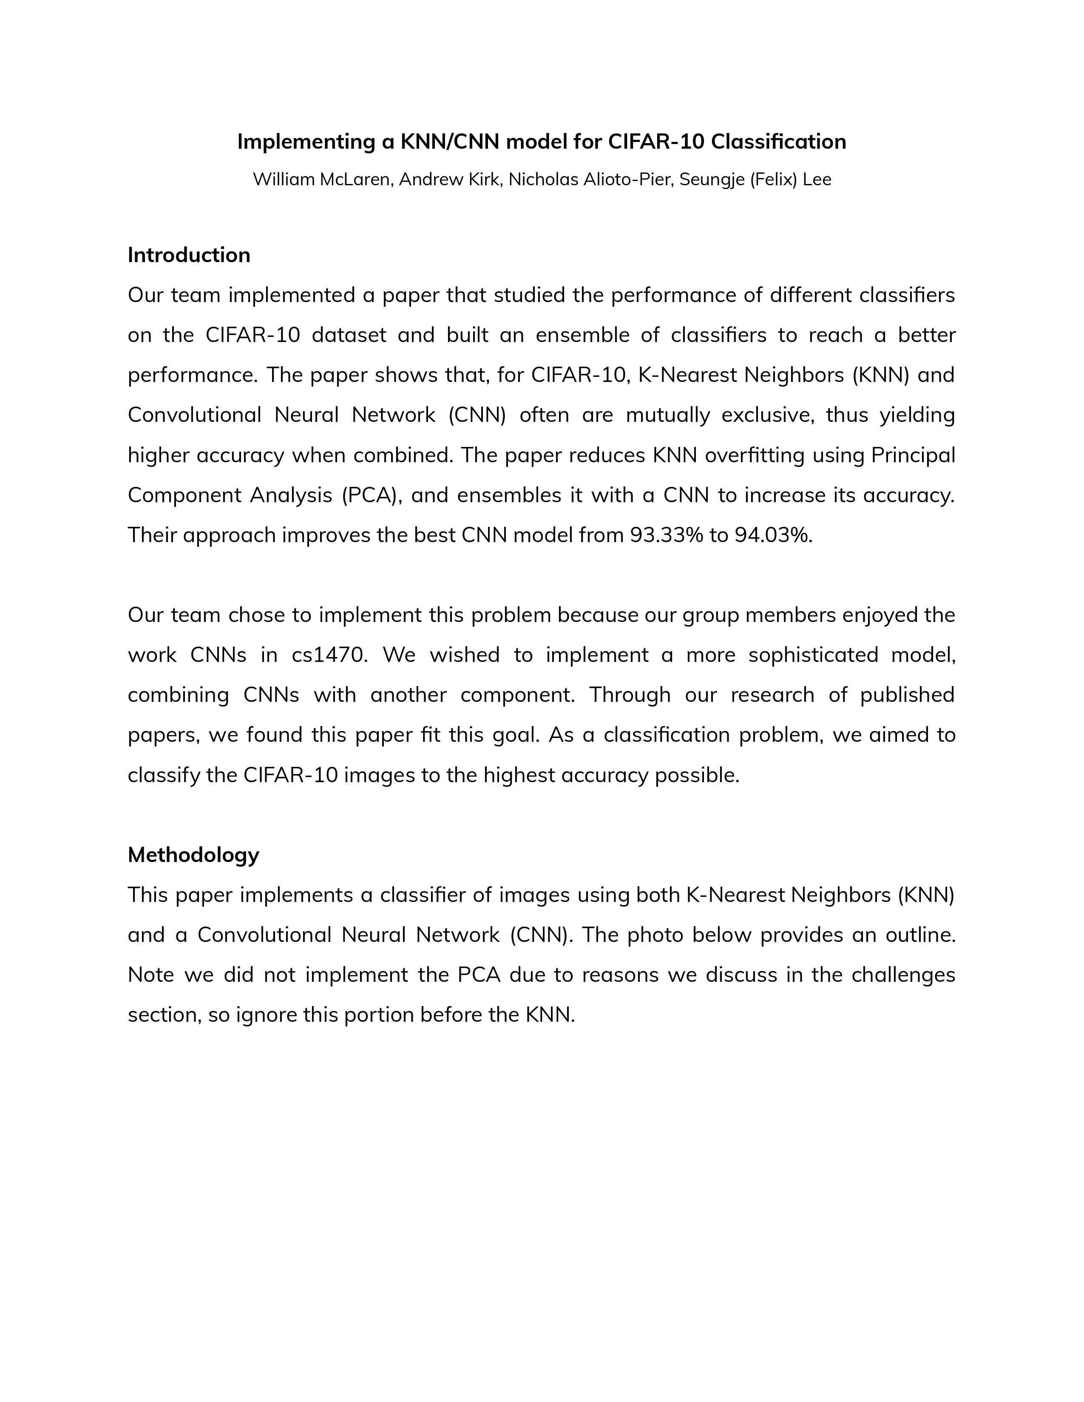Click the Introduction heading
point(189,255)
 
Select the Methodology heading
point(193,854)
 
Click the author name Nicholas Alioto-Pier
point(591,179)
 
